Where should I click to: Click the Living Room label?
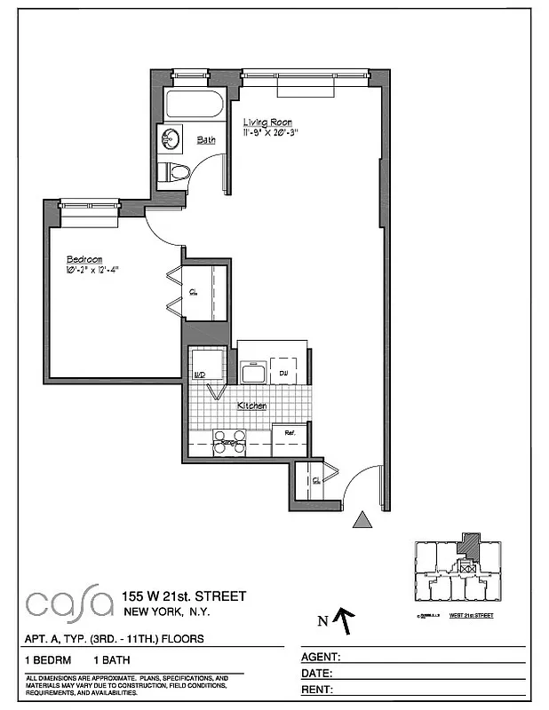point(267,122)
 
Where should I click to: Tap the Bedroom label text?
point(84,260)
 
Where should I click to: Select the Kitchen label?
point(251,406)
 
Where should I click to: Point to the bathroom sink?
point(170,138)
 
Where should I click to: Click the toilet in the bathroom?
point(174,171)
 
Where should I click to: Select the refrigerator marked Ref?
point(290,434)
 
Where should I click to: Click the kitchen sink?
point(252,372)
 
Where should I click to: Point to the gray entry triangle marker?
point(362,520)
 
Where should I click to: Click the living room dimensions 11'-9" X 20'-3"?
point(271,133)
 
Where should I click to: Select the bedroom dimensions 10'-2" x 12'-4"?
point(91,270)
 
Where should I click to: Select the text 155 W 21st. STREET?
point(184,596)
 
